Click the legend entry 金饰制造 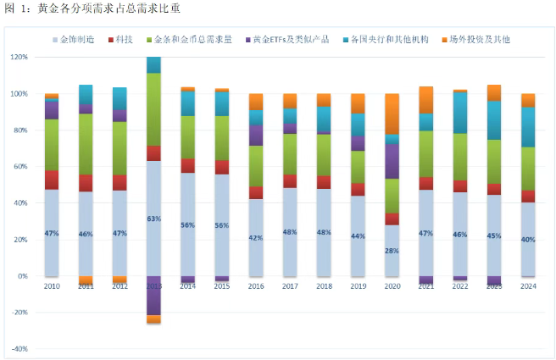(x=79, y=40)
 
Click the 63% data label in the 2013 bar (x=153, y=218)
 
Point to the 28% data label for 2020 (x=392, y=250)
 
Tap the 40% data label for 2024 (x=528, y=240)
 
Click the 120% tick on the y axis (x=19, y=58)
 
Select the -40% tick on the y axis (x=19, y=349)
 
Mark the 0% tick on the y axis (x=22, y=276)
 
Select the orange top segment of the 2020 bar (x=392, y=114)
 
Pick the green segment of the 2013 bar (x=153, y=109)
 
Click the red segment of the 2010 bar (x=52, y=180)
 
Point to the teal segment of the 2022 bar (x=460, y=113)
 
